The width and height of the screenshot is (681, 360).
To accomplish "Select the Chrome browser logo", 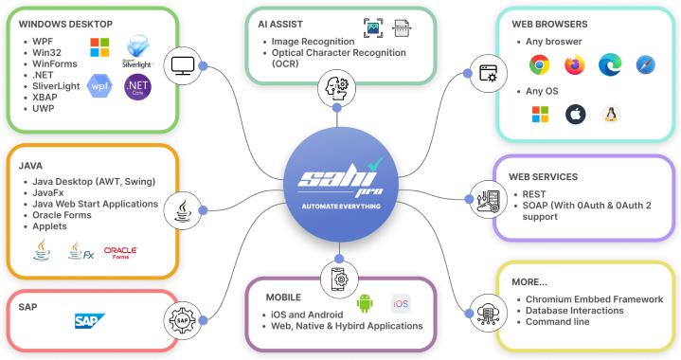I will pyautogui.click(x=540, y=65).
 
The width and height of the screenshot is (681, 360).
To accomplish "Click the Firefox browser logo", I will pyautogui.click(x=575, y=65).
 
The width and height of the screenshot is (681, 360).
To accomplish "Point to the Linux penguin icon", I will pyautogui.click(x=611, y=115).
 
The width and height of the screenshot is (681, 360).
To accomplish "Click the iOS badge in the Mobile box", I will pyautogui.click(x=402, y=304).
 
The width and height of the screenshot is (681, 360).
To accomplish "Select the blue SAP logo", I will pyautogui.click(x=90, y=321).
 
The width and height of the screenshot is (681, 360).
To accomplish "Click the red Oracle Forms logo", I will pyautogui.click(x=120, y=251).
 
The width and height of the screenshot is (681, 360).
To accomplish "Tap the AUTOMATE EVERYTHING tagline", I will pyautogui.click(x=340, y=206).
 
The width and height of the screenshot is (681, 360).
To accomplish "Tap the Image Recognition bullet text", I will pyautogui.click(x=313, y=42).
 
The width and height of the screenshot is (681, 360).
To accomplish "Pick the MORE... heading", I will pyautogui.click(x=530, y=281).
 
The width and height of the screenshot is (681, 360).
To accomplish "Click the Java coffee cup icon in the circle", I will pyautogui.click(x=181, y=209).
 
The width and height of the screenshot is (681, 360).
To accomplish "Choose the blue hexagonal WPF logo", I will pyautogui.click(x=99, y=86).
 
